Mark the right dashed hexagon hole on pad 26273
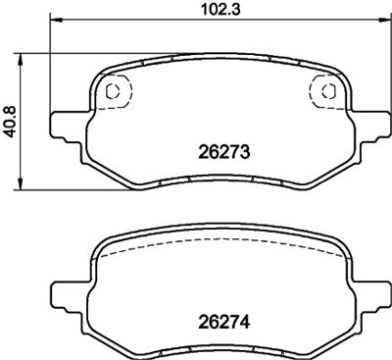click(326, 92)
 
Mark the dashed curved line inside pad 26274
click(220, 251)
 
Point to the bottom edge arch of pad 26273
click(220, 180)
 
